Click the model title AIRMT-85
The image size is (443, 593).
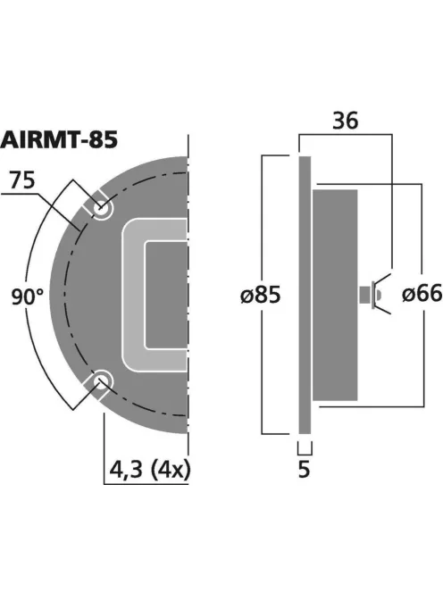point(61,139)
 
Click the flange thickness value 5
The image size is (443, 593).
point(304,470)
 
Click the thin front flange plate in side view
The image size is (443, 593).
point(304,295)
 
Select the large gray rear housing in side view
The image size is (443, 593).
point(335,295)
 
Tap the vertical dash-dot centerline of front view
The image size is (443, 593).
point(189,268)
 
